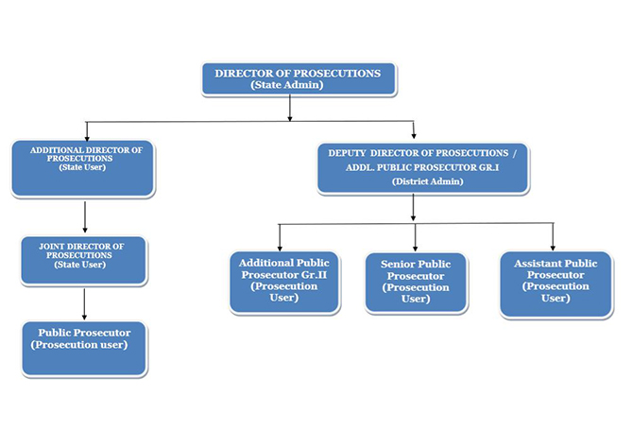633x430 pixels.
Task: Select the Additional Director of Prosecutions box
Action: (83, 167)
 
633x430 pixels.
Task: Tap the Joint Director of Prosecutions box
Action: (83, 259)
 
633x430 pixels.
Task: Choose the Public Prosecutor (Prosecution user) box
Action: (85, 348)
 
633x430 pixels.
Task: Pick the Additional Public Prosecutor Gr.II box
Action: (284, 280)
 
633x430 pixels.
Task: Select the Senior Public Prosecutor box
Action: (416, 281)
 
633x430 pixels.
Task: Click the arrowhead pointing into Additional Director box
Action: (87, 135)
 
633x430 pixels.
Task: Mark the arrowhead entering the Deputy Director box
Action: (414, 135)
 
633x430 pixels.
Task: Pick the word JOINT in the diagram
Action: (52, 245)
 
